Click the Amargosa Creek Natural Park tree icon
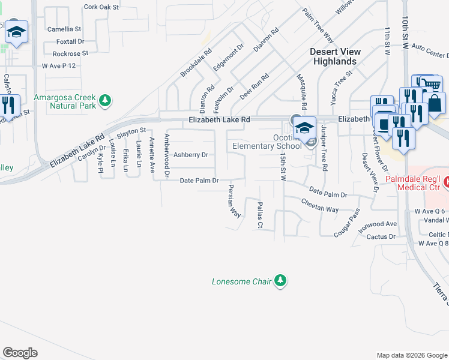pyautogui.click(x=106, y=101)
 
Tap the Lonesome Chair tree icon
pyautogui.click(x=280, y=281)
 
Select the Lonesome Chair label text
pyautogui.click(x=241, y=281)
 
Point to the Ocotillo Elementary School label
pyautogui.click(x=267, y=145)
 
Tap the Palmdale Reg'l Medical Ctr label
pyautogui.click(x=423, y=183)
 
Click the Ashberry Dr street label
pyautogui.click(x=190, y=155)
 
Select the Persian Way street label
pyautogui.click(x=233, y=203)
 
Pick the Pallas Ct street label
pyautogui.click(x=260, y=215)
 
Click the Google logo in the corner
pyautogui.click(x=20, y=353)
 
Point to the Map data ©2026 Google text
pyautogui.click(x=411, y=355)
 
